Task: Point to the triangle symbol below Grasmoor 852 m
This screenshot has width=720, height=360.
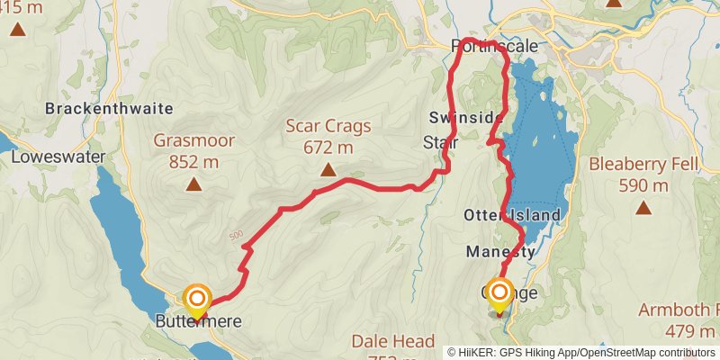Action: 193,184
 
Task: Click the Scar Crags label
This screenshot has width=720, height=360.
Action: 328,127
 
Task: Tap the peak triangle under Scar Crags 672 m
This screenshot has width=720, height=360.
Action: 328,170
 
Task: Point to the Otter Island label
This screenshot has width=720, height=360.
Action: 512,215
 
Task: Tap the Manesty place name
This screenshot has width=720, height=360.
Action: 500,252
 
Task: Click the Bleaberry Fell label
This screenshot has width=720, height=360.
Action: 643,165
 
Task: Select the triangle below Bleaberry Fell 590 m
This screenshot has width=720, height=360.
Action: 643,209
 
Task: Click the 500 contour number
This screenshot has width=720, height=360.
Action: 237,236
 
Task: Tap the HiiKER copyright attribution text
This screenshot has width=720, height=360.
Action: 581,352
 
